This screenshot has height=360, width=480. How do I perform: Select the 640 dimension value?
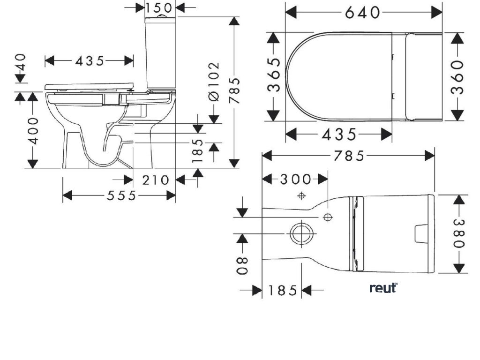[363, 12]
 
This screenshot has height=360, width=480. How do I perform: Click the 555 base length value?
[121, 195]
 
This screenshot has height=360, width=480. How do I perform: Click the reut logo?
[383, 287]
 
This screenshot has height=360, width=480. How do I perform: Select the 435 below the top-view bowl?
[339, 135]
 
